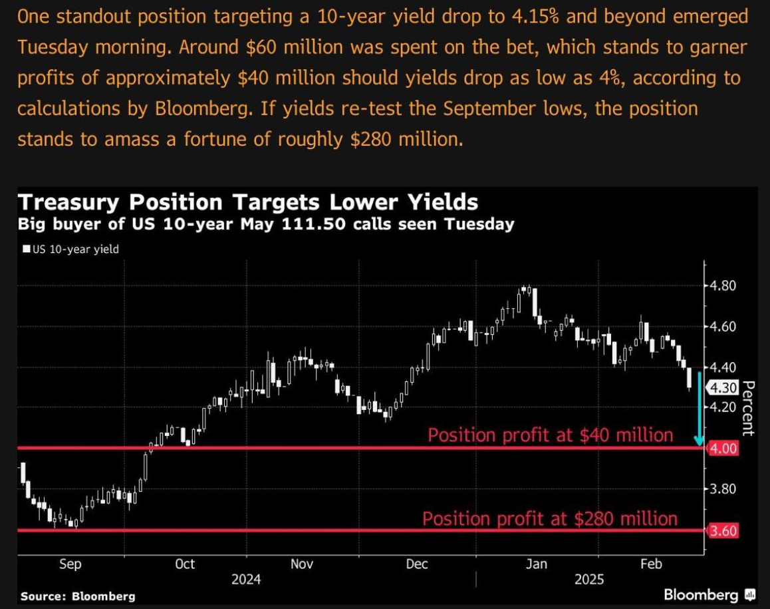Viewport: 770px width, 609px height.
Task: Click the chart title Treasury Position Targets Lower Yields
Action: pos(247,202)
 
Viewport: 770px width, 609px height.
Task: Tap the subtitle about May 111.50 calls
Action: pos(266,224)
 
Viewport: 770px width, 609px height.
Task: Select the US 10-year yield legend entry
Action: pos(70,250)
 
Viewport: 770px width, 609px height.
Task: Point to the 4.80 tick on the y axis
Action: pos(721,286)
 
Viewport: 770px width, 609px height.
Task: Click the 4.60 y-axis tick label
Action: pos(721,326)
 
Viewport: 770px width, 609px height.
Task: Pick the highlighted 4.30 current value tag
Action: pos(723,387)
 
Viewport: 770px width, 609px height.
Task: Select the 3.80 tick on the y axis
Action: pos(721,489)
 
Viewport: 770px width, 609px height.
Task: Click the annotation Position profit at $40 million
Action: pos(550,435)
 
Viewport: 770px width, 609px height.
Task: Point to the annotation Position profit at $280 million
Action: pos(550,518)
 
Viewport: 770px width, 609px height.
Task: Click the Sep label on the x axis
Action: pos(70,564)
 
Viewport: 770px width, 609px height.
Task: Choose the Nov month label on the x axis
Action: pos(302,564)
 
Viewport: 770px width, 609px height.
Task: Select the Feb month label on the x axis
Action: pos(651,564)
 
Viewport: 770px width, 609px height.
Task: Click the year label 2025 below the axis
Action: pos(589,580)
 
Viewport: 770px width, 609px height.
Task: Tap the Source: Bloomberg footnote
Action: pos(78,596)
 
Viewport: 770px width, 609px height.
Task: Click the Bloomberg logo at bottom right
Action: pos(709,594)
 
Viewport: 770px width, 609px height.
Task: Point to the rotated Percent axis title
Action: pos(747,408)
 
